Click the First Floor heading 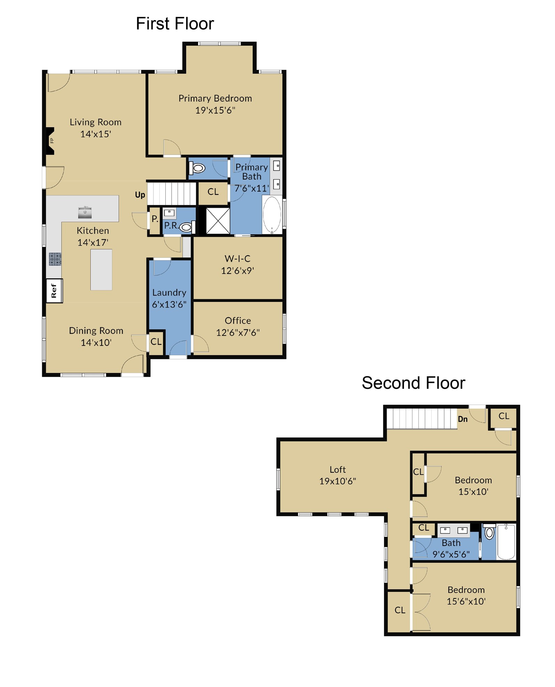[174, 24]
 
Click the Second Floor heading [413, 383]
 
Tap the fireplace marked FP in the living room [51, 141]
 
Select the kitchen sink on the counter [85, 212]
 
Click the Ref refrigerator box [54, 291]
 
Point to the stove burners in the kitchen [55, 259]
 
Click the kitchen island [101, 270]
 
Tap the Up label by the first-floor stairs [140, 195]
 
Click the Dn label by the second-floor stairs [462, 419]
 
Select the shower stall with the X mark [218, 221]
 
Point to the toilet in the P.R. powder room [186, 227]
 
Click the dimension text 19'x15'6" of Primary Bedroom [215, 110]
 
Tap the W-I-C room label [237, 258]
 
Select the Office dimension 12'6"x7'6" [238, 332]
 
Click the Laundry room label [169, 293]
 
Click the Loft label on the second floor [337, 470]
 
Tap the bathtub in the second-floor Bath [506, 542]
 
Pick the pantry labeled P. [155, 219]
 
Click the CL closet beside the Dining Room [156, 342]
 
